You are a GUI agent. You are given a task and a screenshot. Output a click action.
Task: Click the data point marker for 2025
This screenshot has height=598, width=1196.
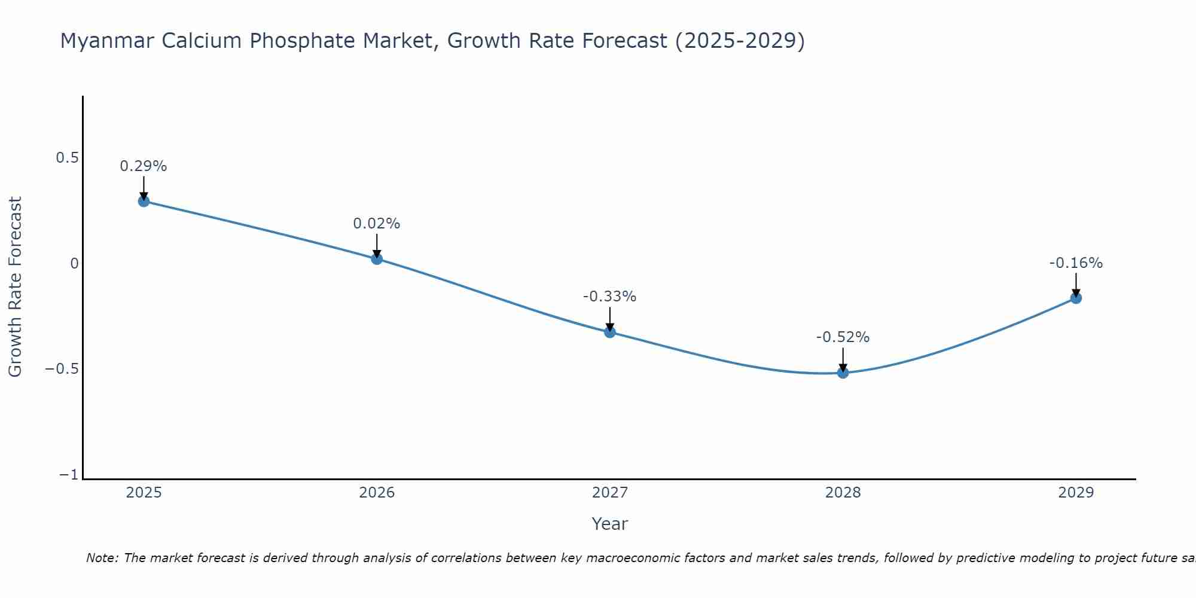point(144,201)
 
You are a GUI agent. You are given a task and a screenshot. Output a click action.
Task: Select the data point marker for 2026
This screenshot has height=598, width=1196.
point(377,258)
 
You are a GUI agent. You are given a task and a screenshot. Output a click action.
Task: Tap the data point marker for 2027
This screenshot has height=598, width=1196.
point(610,332)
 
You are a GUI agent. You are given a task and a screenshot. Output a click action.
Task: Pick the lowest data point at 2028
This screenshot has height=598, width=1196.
point(843,373)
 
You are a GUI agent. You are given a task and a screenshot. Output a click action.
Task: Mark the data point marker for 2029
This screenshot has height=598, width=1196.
point(1076,298)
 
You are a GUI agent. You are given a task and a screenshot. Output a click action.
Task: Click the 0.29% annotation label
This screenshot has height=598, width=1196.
point(144,166)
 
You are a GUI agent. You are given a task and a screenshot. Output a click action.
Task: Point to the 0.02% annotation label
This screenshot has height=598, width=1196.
point(377,224)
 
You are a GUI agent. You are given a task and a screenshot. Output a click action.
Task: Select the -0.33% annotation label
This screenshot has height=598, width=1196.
point(610,297)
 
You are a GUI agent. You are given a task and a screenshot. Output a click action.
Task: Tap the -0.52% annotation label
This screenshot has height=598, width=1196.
point(843,337)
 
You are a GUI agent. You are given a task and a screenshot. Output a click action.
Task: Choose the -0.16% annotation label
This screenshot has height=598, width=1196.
point(1076,263)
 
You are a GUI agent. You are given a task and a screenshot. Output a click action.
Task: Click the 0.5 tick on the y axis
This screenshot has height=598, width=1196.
point(67,158)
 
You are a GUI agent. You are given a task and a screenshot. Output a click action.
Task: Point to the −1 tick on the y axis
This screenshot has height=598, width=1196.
point(69,475)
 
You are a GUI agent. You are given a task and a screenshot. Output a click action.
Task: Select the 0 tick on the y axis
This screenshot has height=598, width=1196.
point(74,264)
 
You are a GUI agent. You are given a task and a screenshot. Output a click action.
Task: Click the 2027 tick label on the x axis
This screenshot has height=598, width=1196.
point(610,493)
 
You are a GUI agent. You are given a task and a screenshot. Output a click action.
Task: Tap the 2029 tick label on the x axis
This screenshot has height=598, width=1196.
point(1076,493)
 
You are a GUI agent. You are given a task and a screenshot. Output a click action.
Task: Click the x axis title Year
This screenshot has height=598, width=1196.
point(610,524)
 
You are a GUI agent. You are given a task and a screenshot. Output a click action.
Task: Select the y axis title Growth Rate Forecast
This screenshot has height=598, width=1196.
point(15,287)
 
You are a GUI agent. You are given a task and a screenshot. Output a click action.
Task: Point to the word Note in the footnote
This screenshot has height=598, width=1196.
point(102,558)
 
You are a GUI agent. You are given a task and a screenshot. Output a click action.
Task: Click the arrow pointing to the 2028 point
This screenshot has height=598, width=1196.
point(843,359)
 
